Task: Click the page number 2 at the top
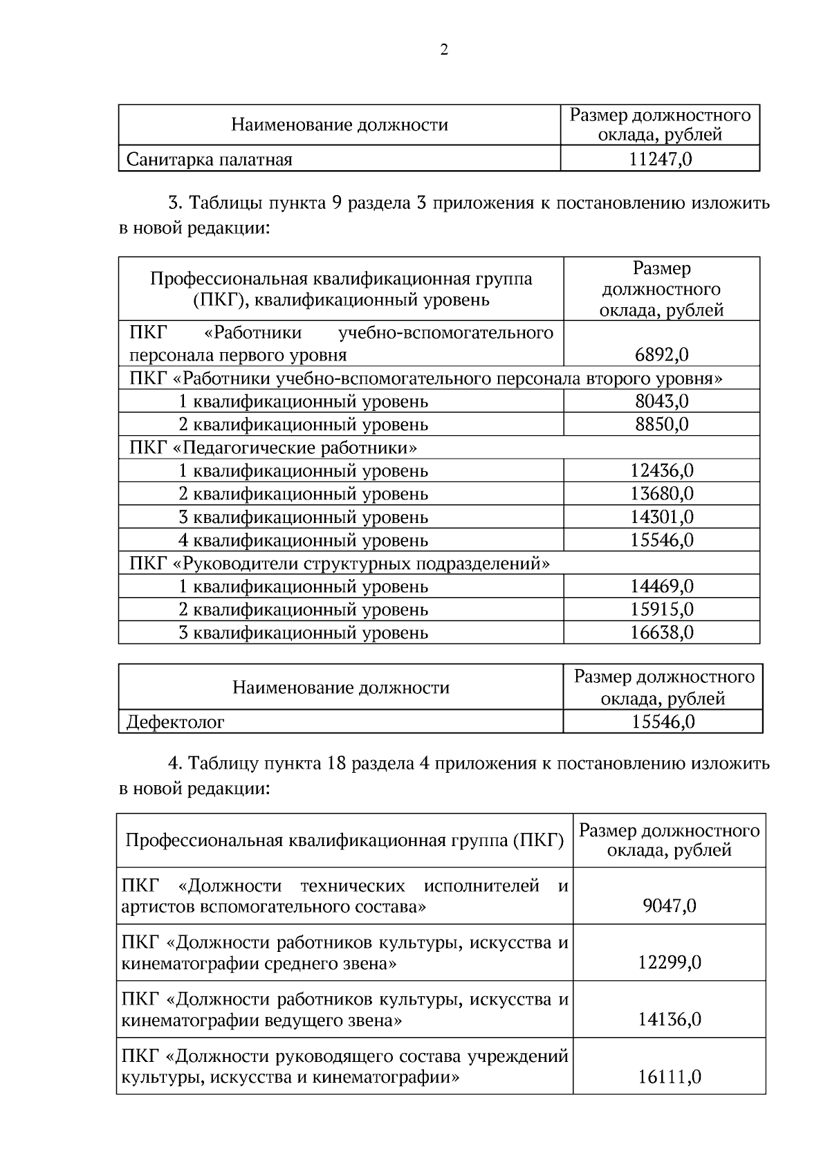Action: click(444, 49)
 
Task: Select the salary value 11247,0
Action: click(661, 159)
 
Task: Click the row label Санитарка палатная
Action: click(210, 160)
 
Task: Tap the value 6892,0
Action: click(661, 355)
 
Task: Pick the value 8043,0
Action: click(661, 401)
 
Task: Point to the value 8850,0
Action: click(661, 424)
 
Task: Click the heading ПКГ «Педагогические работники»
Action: click(273, 448)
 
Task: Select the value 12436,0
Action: click(661, 470)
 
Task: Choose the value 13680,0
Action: click(661, 494)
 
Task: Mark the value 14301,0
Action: click(661, 517)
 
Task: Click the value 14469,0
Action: click(661, 586)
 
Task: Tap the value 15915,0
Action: click(661, 609)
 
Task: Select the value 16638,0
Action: click(661, 632)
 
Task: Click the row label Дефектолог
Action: click(176, 722)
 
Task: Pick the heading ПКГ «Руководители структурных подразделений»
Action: click(340, 563)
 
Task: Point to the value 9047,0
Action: click(669, 906)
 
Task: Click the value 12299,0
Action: click(669, 962)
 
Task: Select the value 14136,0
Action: click(669, 1019)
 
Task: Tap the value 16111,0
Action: click(669, 1076)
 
